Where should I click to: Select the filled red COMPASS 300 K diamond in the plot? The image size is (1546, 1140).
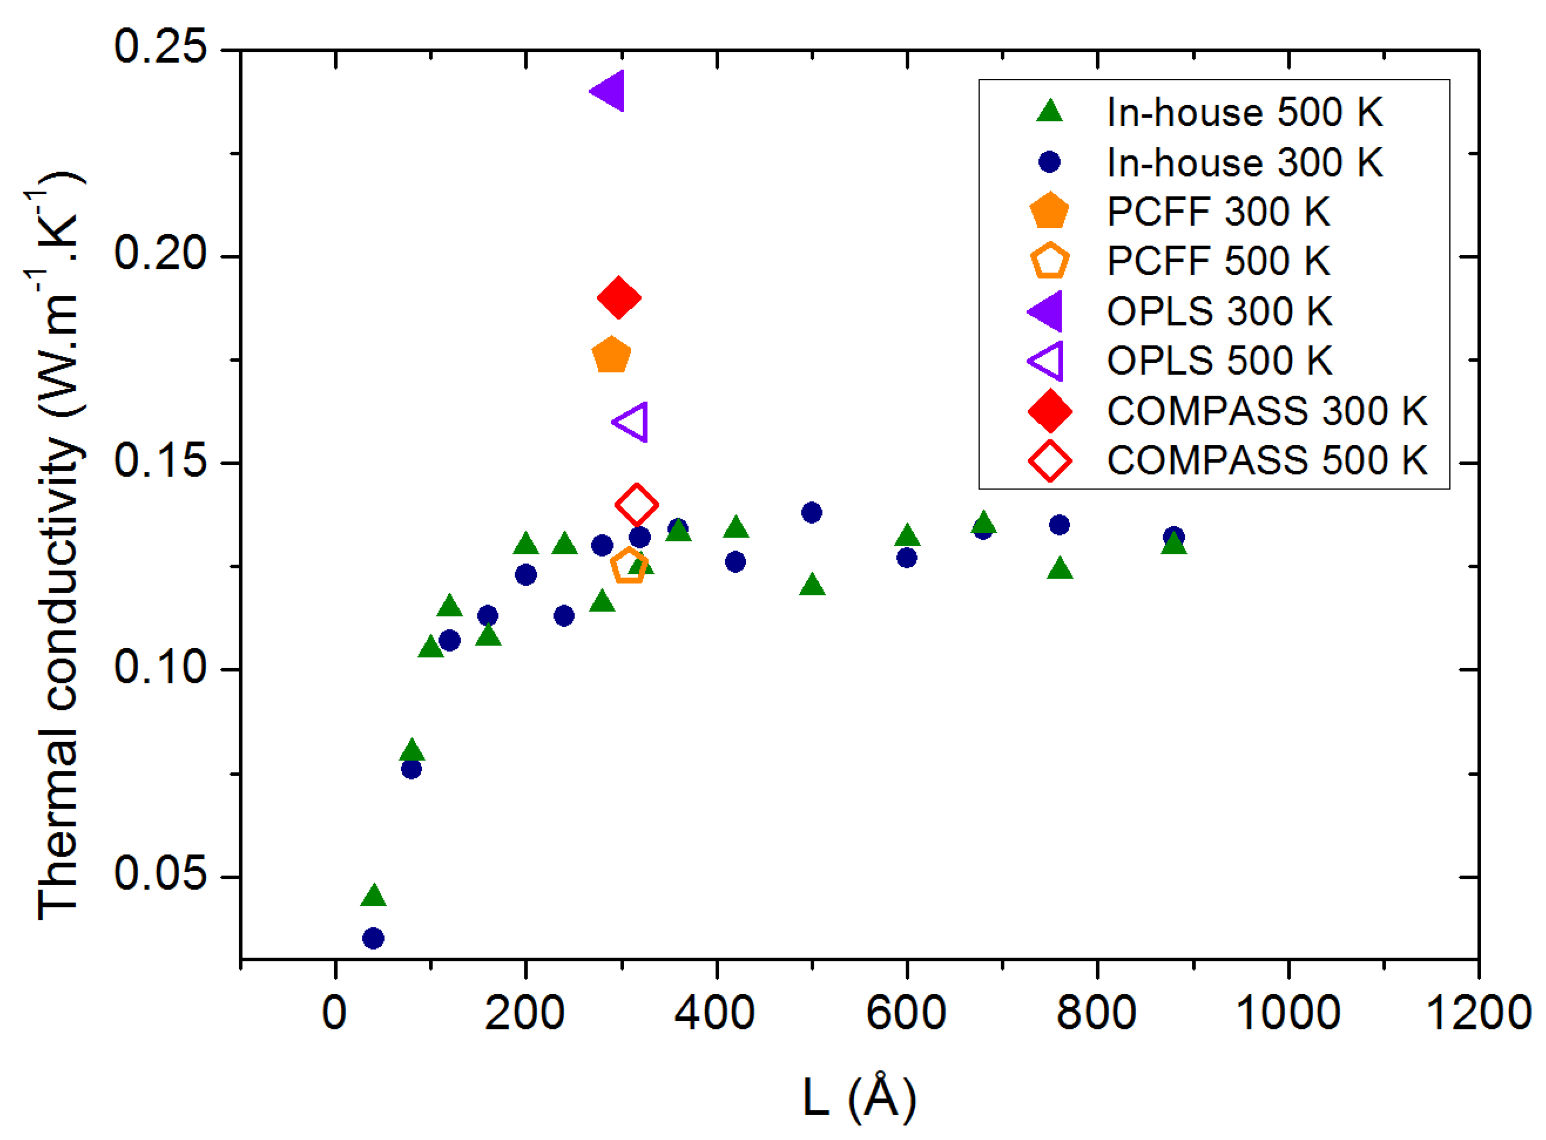619,298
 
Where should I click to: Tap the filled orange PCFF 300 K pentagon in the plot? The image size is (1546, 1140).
611,355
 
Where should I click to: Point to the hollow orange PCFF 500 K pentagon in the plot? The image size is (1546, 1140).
629,567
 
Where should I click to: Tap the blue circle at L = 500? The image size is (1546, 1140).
812,513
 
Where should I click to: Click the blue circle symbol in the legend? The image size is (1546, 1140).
1049,162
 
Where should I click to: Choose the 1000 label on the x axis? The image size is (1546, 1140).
1288,1014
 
